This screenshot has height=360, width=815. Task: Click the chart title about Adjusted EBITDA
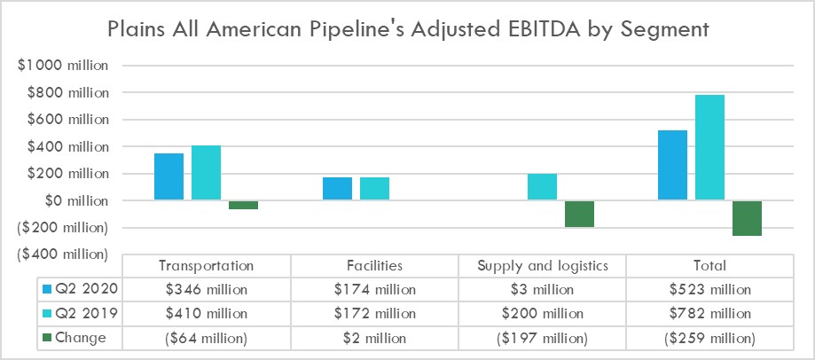click(x=407, y=28)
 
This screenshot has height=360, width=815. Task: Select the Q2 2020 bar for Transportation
click(x=168, y=177)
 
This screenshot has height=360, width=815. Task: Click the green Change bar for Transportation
click(x=243, y=205)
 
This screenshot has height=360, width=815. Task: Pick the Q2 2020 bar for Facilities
click(x=337, y=189)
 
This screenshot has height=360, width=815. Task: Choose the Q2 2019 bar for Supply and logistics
click(x=542, y=187)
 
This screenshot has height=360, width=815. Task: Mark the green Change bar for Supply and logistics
click(x=579, y=214)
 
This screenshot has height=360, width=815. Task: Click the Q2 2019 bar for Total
click(x=709, y=148)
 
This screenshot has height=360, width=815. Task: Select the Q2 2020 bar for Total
click(x=672, y=166)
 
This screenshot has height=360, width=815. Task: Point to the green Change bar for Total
click(x=747, y=218)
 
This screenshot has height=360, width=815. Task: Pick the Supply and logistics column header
click(x=542, y=265)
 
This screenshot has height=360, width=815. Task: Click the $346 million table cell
click(x=206, y=289)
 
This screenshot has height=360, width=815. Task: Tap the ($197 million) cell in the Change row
click(x=542, y=337)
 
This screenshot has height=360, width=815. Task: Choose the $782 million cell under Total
click(x=709, y=313)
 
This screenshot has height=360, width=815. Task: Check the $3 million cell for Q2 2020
click(x=542, y=289)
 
